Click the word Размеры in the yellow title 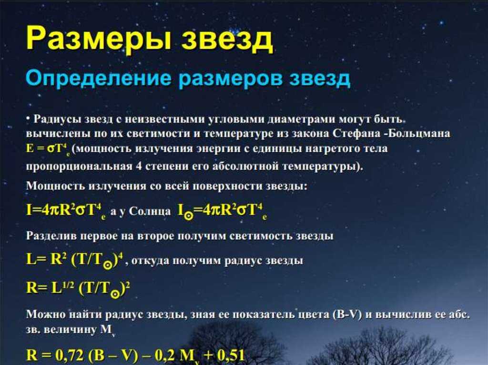99,38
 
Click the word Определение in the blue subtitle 98,78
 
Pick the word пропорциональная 79,167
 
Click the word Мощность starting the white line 56,186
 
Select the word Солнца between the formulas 150,211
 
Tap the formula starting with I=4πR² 66,210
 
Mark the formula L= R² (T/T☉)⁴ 75,260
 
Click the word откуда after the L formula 149,260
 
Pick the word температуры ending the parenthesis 322,167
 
